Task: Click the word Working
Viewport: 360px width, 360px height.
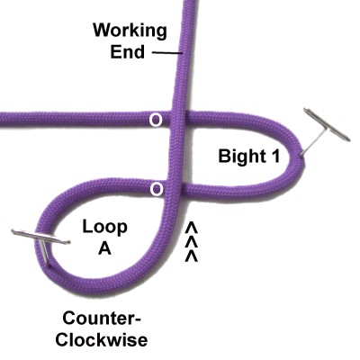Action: coord(130,31)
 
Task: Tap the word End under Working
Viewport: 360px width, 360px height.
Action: coord(128,52)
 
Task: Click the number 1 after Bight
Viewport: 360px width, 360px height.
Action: coord(275,156)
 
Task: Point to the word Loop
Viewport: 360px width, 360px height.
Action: coord(104,227)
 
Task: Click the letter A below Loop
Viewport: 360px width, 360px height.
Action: coord(105,248)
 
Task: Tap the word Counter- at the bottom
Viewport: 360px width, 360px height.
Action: coord(102,319)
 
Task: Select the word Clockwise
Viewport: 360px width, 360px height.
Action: coord(102,340)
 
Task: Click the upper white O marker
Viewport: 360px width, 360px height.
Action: coord(156,121)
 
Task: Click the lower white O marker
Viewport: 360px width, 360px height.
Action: coord(157,189)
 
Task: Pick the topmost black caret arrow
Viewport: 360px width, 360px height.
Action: coord(191,228)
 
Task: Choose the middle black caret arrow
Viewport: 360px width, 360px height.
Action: coord(191,242)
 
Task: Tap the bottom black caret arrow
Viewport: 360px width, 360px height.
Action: coord(191,256)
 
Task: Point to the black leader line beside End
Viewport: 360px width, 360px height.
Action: coord(167,53)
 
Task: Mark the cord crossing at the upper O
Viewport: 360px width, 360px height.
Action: coord(179,119)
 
